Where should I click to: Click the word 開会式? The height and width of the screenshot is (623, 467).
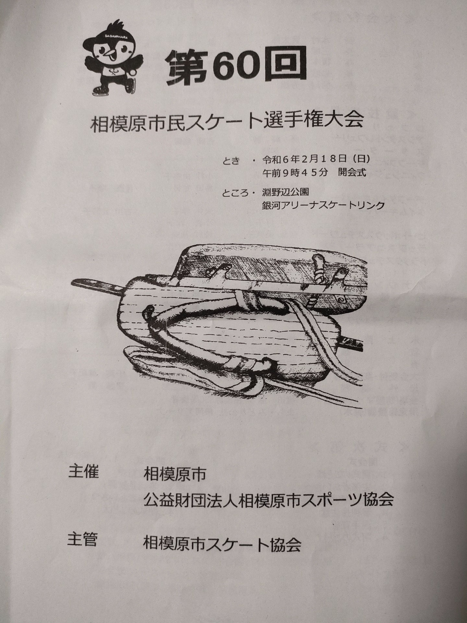coord(352,173)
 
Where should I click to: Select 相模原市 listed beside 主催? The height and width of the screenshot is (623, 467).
coord(174,475)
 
